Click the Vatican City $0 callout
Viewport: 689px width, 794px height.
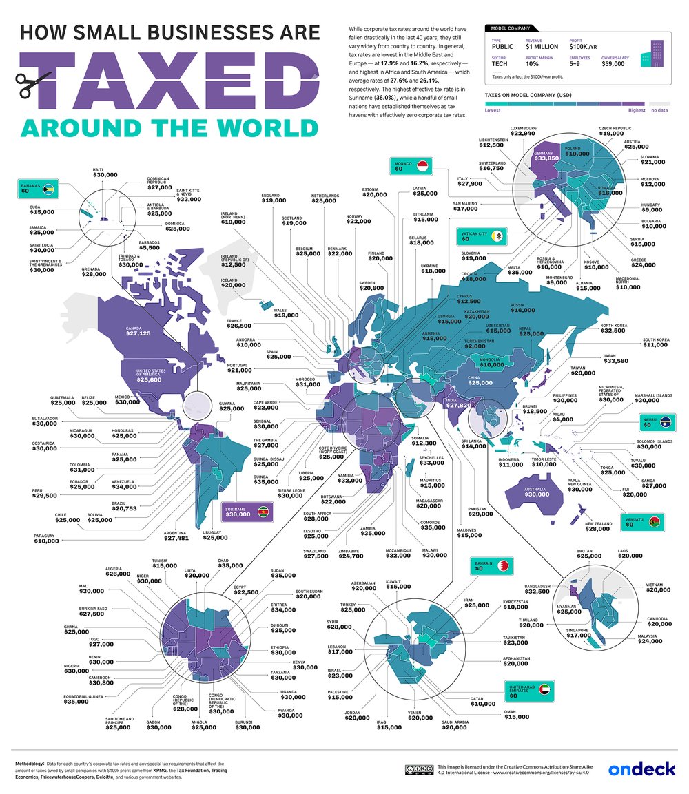tap(481, 238)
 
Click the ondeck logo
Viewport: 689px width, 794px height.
tap(641, 769)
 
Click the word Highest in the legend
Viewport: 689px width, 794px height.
tap(637, 110)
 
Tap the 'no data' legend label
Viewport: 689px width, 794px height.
tap(660, 110)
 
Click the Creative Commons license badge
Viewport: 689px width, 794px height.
tap(420, 769)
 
